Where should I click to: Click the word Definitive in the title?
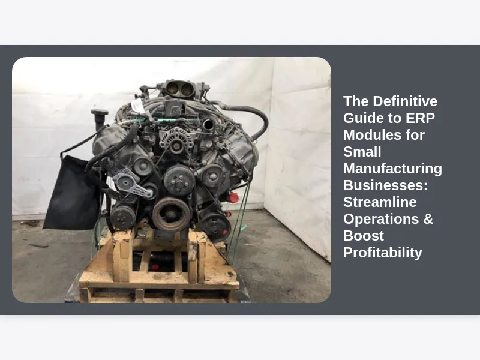click(405, 101)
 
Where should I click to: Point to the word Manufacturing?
click(393, 169)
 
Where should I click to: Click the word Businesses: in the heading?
click(385, 185)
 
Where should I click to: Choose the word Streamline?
click(380, 202)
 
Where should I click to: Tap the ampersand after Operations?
click(428, 219)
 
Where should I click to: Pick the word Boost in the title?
click(364, 236)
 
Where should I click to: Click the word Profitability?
click(383, 253)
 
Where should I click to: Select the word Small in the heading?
click(362, 152)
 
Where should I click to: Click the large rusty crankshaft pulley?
click(171, 214)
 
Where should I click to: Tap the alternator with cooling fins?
click(175, 140)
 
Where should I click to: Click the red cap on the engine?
click(233, 197)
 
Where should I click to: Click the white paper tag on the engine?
click(137, 106)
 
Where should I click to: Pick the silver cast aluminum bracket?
click(132, 184)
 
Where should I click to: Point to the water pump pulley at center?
click(179, 181)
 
